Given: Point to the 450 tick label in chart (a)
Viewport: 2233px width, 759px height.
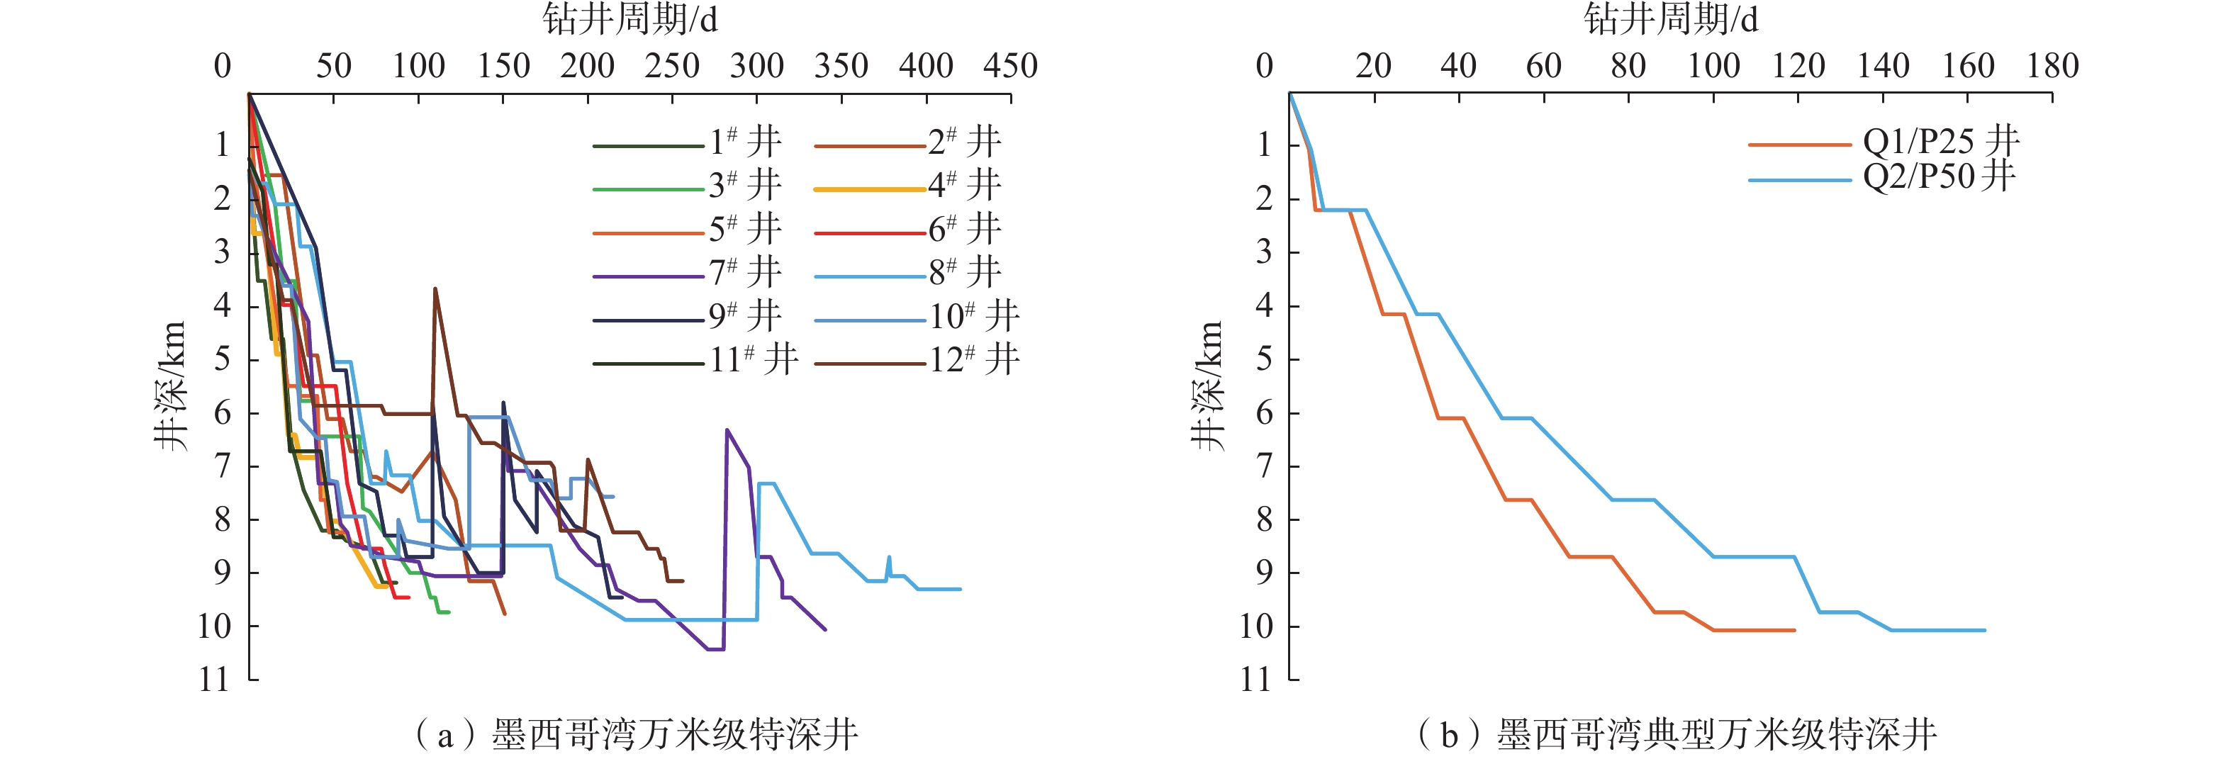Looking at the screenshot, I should click(1010, 66).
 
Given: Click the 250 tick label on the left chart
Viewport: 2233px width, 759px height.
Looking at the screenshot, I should click(672, 66).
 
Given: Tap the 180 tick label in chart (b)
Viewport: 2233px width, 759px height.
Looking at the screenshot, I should click(2052, 66).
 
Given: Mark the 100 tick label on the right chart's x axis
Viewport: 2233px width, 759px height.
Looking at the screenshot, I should click(1713, 66).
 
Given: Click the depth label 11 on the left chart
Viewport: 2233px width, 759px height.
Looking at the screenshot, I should click(214, 680).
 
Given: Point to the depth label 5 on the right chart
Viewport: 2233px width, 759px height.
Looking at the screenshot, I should click(1265, 359).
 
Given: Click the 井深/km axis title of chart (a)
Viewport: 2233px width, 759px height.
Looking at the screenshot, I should click(171, 386).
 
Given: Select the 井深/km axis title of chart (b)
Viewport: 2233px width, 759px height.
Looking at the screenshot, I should click(1207, 386).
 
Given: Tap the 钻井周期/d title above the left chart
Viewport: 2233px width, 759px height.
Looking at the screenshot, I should click(630, 19).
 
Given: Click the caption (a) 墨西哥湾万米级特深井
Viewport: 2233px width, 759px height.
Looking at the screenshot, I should click(637, 735).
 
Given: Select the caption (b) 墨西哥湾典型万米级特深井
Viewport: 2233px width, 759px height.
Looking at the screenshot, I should click(1677, 735).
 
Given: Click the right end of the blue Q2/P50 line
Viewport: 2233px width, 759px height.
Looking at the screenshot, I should click(1983, 630).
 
